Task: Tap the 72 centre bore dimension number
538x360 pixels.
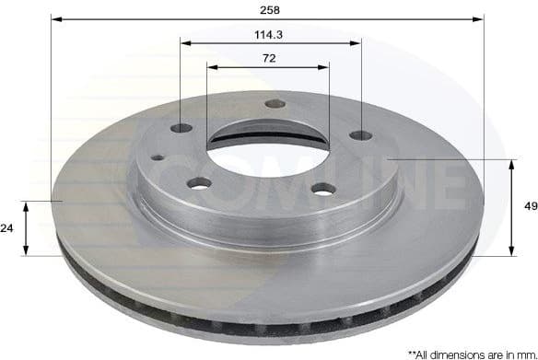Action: pyautogui.click(x=268, y=58)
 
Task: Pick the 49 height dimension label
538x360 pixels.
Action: pyautogui.click(x=529, y=207)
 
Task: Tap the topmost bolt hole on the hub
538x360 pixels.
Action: pyautogui.click(x=274, y=103)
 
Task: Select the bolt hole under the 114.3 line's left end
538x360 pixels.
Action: pyautogui.click(x=181, y=128)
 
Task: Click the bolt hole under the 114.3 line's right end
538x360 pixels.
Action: pyautogui.click(x=360, y=135)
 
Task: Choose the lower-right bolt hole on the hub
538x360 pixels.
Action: pyautogui.click(x=322, y=189)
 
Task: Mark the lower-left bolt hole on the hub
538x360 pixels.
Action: pyautogui.click(x=199, y=182)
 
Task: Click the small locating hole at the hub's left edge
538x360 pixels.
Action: pyautogui.click(x=158, y=157)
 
